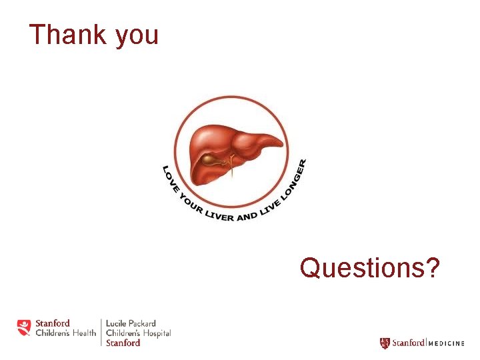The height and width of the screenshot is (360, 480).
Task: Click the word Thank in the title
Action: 67,35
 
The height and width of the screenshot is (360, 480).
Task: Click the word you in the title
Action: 137,37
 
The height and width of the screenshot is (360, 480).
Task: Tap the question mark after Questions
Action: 432,268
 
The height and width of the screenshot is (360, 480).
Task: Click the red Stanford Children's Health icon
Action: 24,327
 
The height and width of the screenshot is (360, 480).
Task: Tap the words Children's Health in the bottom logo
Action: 65,333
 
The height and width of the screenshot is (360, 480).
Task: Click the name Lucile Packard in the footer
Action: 131,323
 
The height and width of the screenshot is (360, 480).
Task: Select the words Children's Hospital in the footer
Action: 138,333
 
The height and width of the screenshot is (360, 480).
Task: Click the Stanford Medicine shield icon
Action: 385,343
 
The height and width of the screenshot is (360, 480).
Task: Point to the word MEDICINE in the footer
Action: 446,343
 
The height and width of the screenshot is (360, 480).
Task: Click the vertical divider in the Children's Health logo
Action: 101,332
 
